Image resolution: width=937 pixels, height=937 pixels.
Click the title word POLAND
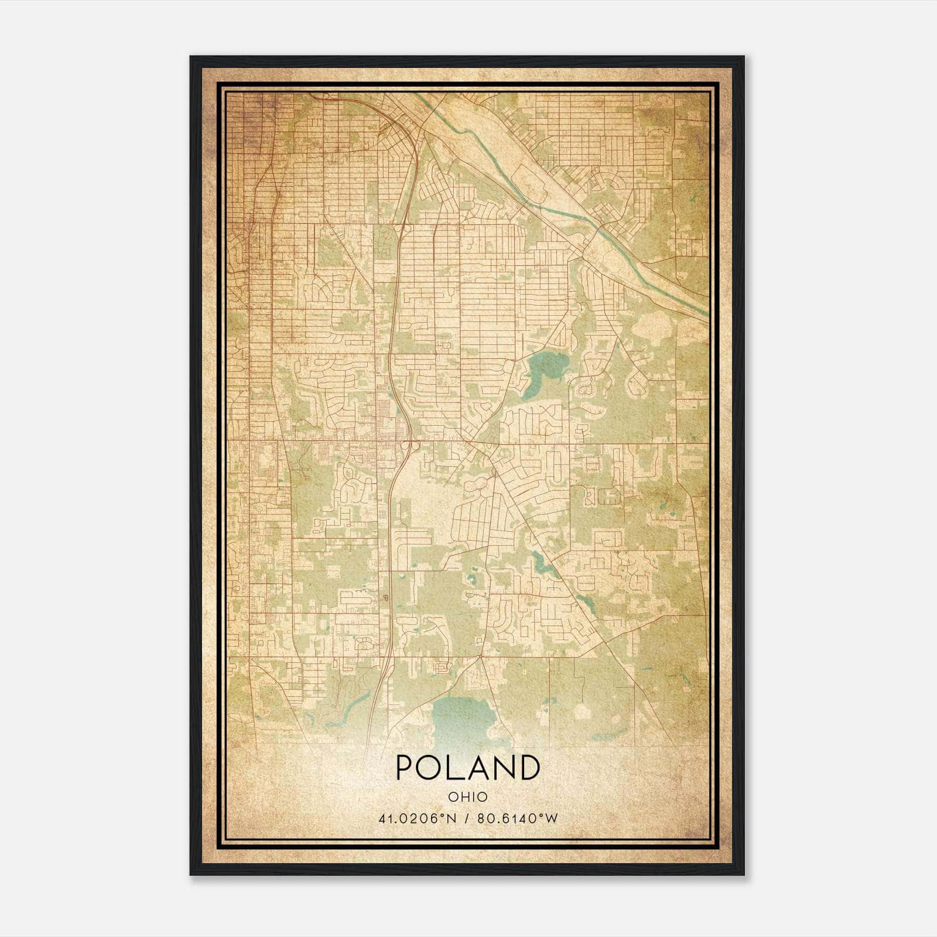pyautogui.click(x=467, y=767)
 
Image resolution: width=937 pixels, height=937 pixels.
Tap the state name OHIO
pyautogui.click(x=467, y=797)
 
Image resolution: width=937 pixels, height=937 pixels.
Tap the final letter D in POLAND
pyautogui.click(x=529, y=767)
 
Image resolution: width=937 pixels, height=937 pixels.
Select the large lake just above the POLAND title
pyautogui.click(x=463, y=717)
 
